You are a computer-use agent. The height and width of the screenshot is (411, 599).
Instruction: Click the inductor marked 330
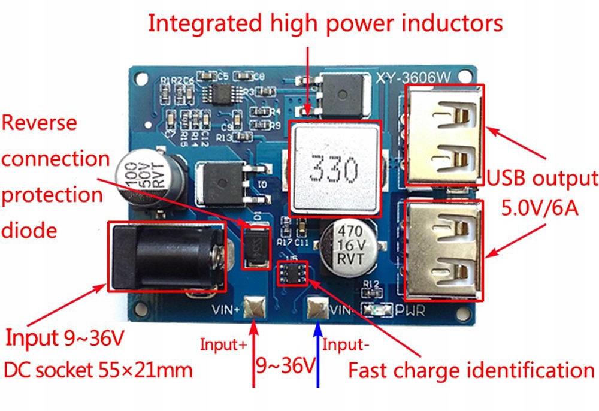[x=334, y=168]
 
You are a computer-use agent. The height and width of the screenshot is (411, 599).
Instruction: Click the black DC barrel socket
[x=167, y=256]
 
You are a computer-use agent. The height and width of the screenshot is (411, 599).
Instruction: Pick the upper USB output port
[x=445, y=135]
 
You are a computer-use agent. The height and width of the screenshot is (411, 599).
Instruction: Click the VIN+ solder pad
[x=255, y=310]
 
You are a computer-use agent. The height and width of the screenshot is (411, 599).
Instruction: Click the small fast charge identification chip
[x=294, y=273]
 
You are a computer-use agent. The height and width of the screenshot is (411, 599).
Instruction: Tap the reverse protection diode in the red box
[x=253, y=247]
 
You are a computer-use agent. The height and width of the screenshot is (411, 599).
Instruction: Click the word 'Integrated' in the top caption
[x=203, y=24]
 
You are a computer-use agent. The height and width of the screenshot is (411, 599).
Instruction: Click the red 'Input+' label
[x=223, y=344]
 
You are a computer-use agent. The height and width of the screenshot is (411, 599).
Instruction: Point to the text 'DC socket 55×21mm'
[x=98, y=370]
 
